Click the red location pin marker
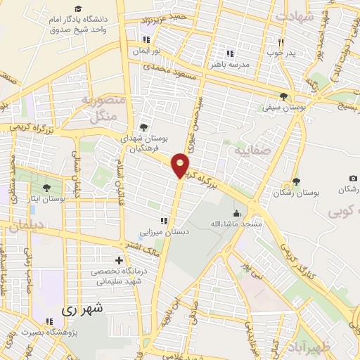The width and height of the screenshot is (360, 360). click(x=181, y=165)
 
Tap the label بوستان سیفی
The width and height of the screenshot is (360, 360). click(x=283, y=108)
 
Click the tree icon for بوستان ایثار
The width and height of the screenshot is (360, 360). click(x=46, y=188)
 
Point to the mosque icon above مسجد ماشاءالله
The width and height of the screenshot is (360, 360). click(x=236, y=212)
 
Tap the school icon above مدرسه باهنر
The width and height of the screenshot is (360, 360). click(x=229, y=53)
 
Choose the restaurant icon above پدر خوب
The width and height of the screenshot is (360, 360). click(x=281, y=41)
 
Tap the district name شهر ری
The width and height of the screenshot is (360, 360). click(x=82, y=308)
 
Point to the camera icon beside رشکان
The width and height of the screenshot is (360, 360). click(x=353, y=179)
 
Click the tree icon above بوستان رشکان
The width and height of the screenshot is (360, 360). click(x=296, y=181)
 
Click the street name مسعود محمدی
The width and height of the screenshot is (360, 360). click(x=166, y=70)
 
